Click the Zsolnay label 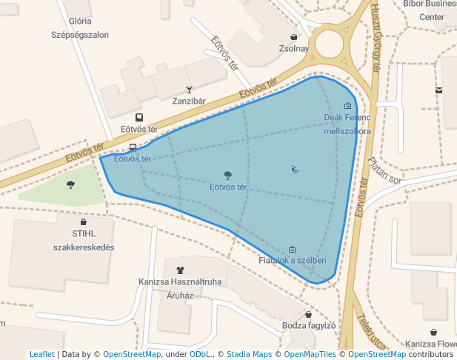pyautogui.click(x=293, y=49)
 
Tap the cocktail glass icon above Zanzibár pyautogui.click(x=189, y=90)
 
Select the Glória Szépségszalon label pyautogui.click(x=80, y=28)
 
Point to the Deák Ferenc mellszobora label pyautogui.click(x=347, y=124)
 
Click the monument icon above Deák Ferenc pyautogui.click(x=347, y=106)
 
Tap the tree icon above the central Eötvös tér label pyautogui.click(x=227, y=176)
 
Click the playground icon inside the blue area pyautogui.click(x=295, y=169)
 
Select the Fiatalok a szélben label pyautogui.click(x=293, y=261)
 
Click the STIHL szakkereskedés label pyautogui.click(x=83, y=241)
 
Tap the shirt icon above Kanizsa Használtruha pyautogui.click(x=179, y=270)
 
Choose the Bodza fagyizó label pyautogui.click(x=310, y=325)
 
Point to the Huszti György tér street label pyautogui.click(x=375, y=46)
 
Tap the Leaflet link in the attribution pyautogui.click(x=42, y=355)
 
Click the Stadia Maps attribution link pyautogui.click(x=250, y=355)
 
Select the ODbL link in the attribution pyautogui.click(x=200, y=355)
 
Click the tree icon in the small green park pyautogui.click(x=71, y=184)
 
